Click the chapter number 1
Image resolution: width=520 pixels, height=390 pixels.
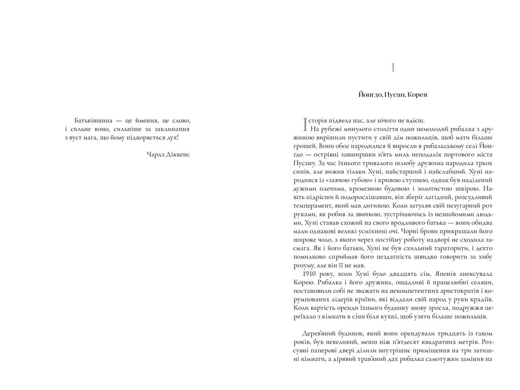click(x=394, y=68)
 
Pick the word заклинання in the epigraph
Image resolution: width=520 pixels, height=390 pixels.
click(x=171, y=129)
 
